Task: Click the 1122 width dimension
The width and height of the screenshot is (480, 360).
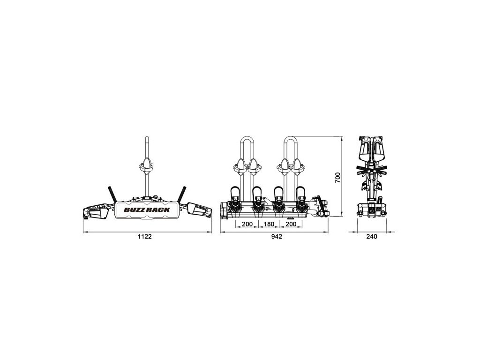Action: (145, 237)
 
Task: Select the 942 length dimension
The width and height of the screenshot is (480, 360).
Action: (277, 237)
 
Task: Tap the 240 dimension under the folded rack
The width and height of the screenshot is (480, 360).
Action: (372, 237)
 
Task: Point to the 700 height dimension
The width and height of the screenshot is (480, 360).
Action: (337, 178)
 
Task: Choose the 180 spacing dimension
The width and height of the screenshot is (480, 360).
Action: (269, 224)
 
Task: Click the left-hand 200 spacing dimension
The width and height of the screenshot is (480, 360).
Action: (247, 224)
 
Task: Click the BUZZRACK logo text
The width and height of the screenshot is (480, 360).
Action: (147, 210)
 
